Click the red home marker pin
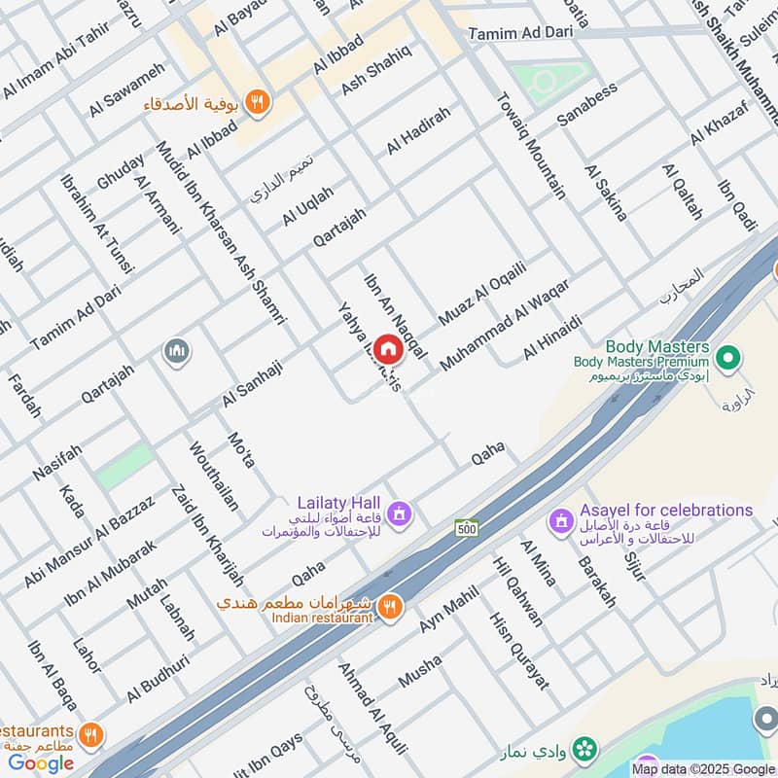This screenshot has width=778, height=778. pyautogui.click(x=388, y=349)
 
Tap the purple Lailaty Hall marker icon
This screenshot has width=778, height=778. pyautogui.click(x=398, y=513)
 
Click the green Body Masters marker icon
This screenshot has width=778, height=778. pyautogui.click(x=725, y=357)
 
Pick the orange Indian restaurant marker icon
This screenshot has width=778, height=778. pyautogui.click(x=389, y=606)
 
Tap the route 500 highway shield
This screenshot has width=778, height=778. pyautogui.click(x=466, y=527)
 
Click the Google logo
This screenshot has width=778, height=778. pyautogui.click(x=42, y=762)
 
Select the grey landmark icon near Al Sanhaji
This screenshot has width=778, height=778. pyautogui.click(x=176, y=350)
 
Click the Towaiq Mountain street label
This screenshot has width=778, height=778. pyautogui.click(x=530, y=145)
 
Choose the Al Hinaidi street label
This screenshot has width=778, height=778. pyautogui.click(x=552, y=336)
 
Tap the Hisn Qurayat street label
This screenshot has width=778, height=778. pyautogui.click(x=518, y=648)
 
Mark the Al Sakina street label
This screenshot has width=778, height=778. pyautogui.click(x=605, y=193)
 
